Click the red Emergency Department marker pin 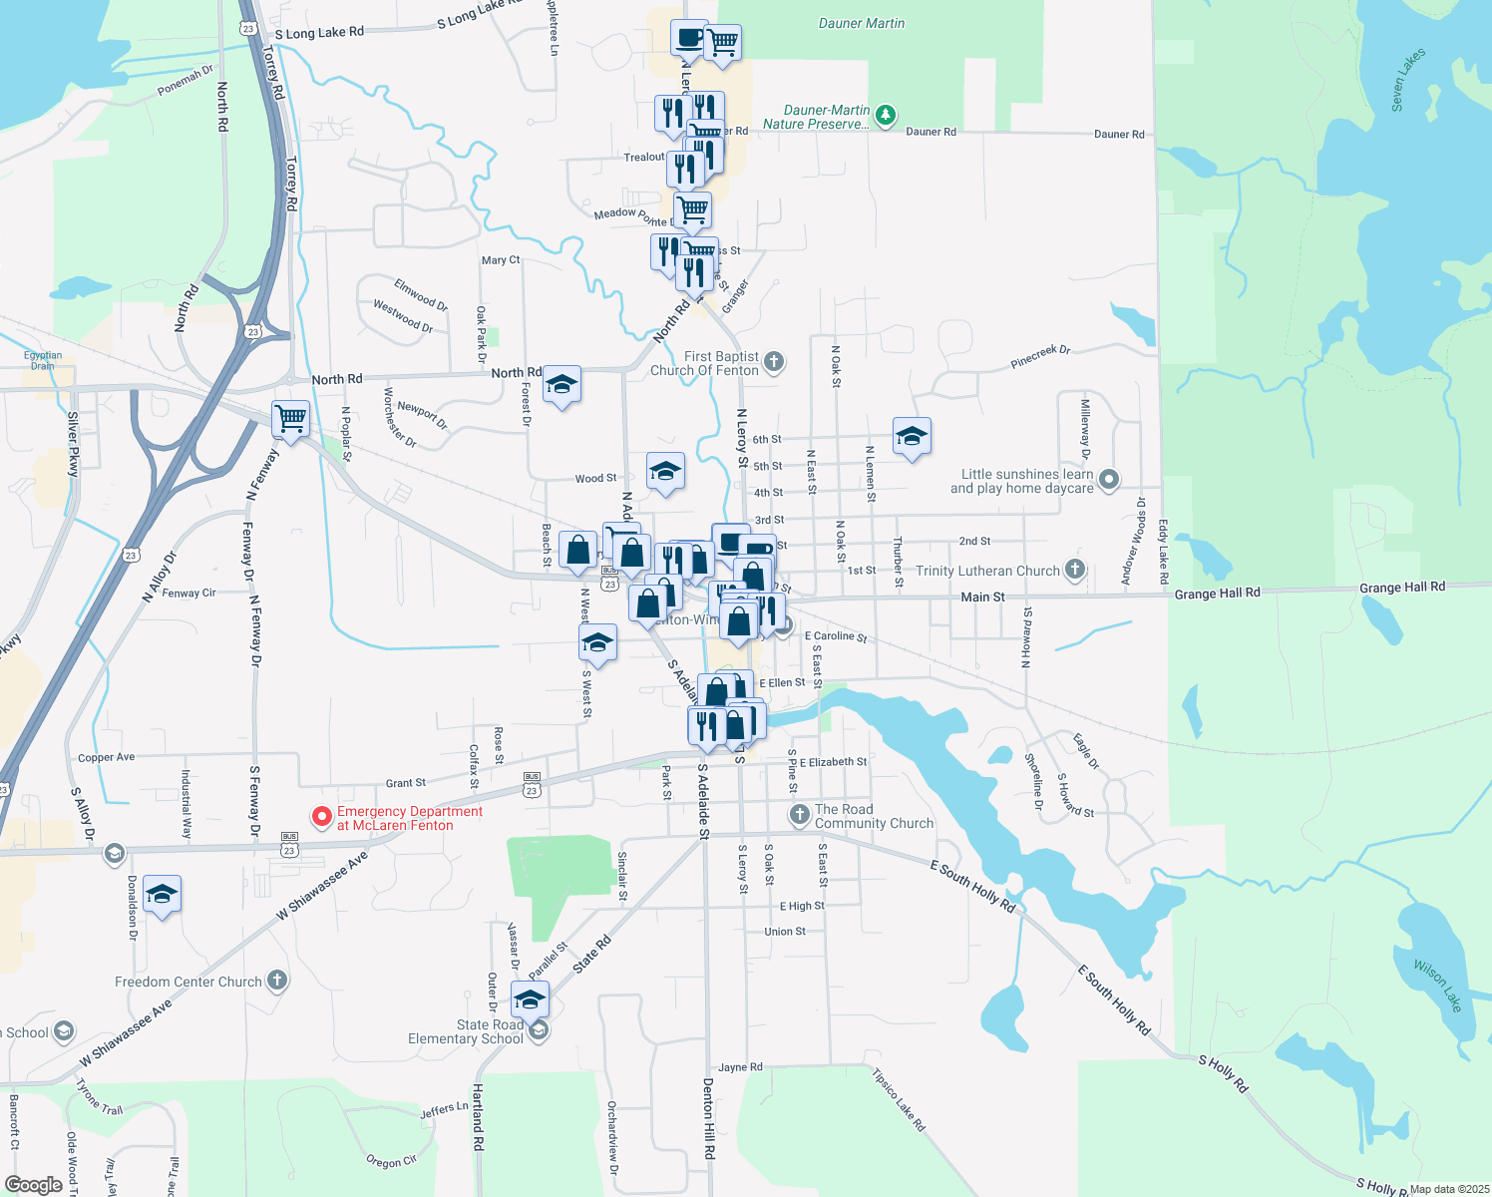click(x=322, y=817)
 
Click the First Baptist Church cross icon click(x=774, y=363)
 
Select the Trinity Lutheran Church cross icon click(x=1074, y=570)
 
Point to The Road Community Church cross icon click(x=799, y=815)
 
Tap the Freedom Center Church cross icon click(x=277, y=981)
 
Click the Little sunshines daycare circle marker click(x=1109, y=481)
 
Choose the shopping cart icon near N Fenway click(x=290, y=419)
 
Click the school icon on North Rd click(x=561, y=385)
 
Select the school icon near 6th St click(x=912, y=437)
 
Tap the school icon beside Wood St click(x=665, y=471)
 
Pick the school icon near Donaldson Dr click(x=162, y=894)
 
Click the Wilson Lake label click(x=1438, y=985)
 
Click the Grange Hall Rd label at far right click(x=1401, y=588)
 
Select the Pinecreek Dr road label click(x=1040, y=356)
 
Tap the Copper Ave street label click(x=106, y=757)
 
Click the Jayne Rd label click(x=740, y=1067)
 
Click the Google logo click(x=34, y=1185)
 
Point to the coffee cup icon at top click(x=689, y=38)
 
